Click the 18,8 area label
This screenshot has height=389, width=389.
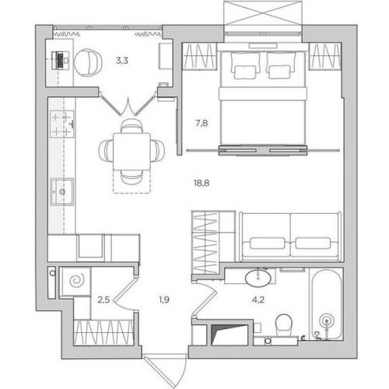202,184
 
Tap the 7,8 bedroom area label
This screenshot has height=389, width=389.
202,123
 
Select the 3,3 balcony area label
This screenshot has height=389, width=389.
122,61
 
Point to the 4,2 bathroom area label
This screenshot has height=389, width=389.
258,300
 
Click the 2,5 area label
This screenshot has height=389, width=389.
103,300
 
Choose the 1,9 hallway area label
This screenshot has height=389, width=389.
164,300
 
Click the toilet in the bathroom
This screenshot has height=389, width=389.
284,325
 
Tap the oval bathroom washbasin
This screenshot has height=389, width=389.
258,278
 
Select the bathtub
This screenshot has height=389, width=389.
327,304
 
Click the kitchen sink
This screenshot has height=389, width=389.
61,191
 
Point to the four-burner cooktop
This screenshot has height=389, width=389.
62,124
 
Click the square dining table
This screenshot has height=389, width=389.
131,152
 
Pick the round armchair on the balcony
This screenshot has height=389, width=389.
88,62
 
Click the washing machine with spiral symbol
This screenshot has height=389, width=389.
76,281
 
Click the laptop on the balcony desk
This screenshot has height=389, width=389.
61,61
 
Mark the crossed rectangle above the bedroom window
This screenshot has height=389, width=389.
263,13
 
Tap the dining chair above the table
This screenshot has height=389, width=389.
131,126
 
